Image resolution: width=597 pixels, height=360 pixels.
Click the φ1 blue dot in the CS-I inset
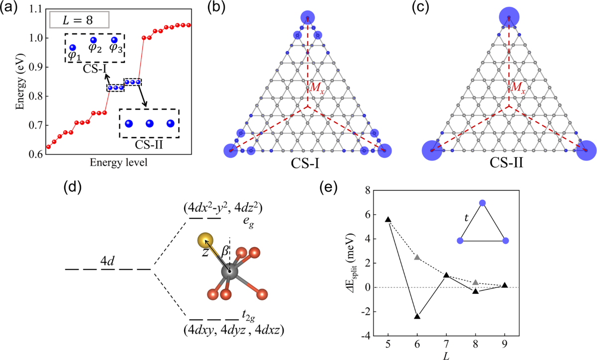click(x=73, y=47)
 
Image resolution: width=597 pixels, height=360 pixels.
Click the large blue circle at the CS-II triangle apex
click(x=508, y=18)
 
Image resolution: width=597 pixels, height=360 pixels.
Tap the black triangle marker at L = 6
click(x=417, y=316)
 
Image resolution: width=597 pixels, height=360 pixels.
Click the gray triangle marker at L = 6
click(x=417, y=257)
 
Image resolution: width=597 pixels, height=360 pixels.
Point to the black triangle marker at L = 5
click(x=389, y=219)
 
